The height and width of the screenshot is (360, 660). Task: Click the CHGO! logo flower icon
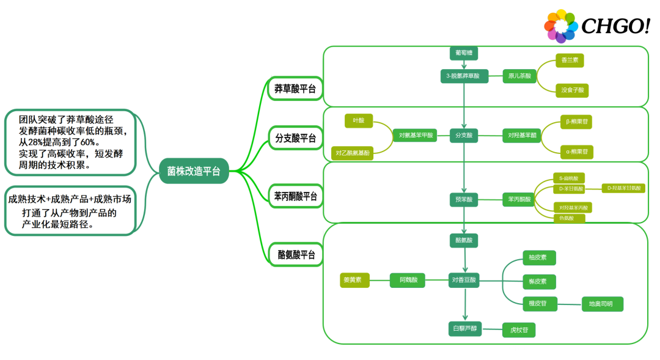pyautogui.click(x=560, y=26)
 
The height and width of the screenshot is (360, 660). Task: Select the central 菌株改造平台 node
pyautogui.click(x=194, y=171)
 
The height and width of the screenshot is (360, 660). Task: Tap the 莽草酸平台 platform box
pyautogui.click(x=295, y=89)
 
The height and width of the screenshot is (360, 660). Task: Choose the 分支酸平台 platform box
pyautogui.click(x=295, y=138)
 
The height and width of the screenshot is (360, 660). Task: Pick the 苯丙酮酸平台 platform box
pyautogui.click(x=295, y=196)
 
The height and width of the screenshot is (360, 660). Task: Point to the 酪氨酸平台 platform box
pyautogui.click(x=296, y=254)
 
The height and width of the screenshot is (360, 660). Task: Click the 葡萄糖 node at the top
pyautogui.click(x=463, y=53)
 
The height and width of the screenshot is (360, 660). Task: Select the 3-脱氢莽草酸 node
pyautogui.click(x=464, y=76)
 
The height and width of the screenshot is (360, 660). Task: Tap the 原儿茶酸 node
pyautogui.click(x=519, y=76)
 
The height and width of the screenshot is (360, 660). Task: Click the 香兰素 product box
pyautogui.click(x=570, y=61)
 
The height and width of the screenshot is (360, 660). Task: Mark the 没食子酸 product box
pyautogui.click(x=573, y=90)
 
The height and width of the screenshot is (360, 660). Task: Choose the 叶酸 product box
pyautogui.click(x=358, y=121)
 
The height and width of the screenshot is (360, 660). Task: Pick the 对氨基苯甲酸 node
pyautogui.click(x=416, y=135)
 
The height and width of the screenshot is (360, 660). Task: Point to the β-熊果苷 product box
pyautogui.click(x=576, y=122)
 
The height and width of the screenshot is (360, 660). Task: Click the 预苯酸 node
pyautogui.click(x=463, y=199)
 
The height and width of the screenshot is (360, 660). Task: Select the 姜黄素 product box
pyautogui.click(x=355, y=281)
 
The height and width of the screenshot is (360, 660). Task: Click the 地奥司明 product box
pyautogui.click(x=602, y=304)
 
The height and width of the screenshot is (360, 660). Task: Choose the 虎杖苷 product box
pyautogui.click(x=519, y=330)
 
